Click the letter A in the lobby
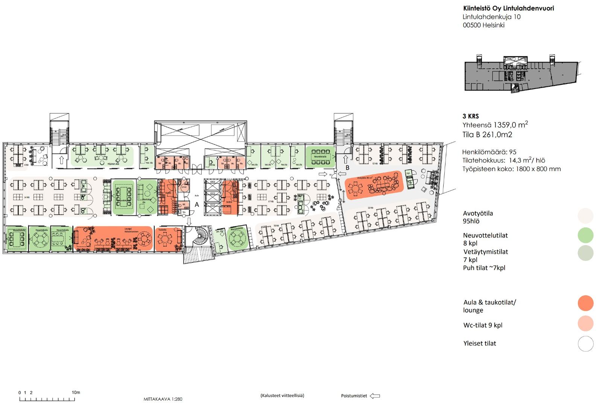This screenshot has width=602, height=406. pos(197,205)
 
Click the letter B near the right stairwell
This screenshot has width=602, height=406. pos(348,168)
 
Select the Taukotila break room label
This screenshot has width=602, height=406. pos(163,229)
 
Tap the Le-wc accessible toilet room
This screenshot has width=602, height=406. pos(184,187)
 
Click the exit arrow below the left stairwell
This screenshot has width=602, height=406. pos(61,161)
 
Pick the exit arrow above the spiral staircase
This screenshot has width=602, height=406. pos(189,222)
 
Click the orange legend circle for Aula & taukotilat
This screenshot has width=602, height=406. pos(585,303)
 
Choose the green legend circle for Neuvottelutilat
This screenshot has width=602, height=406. pos(585,235)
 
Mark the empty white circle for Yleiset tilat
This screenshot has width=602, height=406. pos(585,344)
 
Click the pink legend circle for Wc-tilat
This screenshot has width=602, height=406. pos(585,323)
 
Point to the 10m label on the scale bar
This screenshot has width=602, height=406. pos(76,392)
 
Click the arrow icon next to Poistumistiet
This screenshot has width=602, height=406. pos(375,396)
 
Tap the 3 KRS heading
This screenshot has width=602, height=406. pos(471,116)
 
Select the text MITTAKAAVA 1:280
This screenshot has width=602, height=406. pos(163,399)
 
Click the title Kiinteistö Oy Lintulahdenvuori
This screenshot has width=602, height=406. pos(508,8)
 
